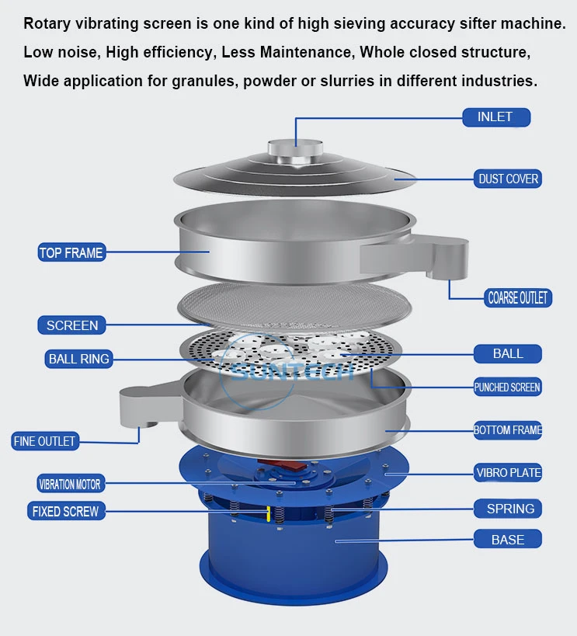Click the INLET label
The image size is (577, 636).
tap(496, 117)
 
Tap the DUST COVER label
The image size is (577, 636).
tap(508, 179)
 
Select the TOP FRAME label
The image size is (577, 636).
tap(71, 252)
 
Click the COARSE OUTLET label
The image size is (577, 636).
tap(518, 297)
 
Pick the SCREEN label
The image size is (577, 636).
tap(71, 325)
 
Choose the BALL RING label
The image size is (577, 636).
tap(78, 359)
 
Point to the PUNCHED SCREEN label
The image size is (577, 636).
tap(508, 388)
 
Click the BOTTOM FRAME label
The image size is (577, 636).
tap(508, 430)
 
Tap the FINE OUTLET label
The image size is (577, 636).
tap(44, 441)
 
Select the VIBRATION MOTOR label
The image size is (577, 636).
tap(71, 484)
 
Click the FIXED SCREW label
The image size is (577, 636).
tap(66, 511)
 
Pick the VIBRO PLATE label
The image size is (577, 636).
tap(508, 473)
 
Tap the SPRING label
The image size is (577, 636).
tap(508, 509)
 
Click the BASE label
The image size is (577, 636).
tap(508, 539)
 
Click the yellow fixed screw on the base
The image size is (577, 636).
tap(268, 513)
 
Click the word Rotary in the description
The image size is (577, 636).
tap(47, 24)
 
